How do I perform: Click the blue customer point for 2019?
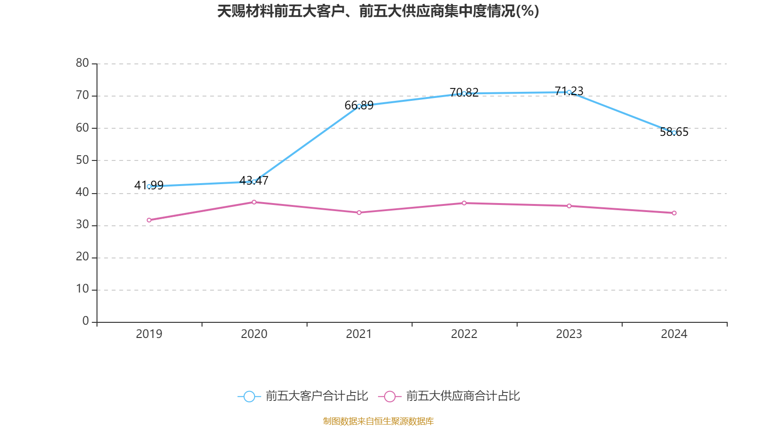149,186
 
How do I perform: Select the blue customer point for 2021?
359,106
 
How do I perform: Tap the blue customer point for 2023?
569,92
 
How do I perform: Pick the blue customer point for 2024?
674,133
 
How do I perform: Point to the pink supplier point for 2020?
254,202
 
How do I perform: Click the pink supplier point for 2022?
464,203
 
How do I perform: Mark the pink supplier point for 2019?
149,220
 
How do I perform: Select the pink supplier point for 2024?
674,213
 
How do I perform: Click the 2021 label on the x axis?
359,334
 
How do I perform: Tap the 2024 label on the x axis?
674,334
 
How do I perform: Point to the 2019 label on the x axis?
149,334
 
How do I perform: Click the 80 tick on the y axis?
82,63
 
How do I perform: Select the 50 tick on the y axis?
82,160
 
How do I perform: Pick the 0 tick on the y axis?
86,321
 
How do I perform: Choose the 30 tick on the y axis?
82,225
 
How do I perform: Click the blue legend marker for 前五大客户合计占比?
249,396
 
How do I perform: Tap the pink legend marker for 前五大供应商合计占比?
390,396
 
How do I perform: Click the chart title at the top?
378,11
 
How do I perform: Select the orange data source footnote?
378,421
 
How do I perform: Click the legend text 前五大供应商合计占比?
463,396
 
